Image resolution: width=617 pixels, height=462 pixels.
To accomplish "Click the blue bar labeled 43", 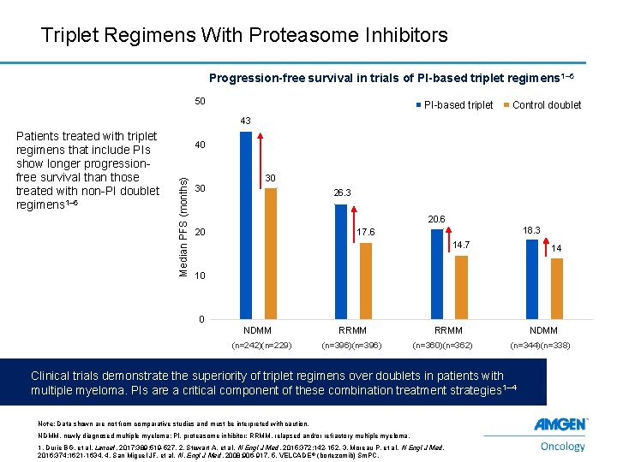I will click(x=246, y=225).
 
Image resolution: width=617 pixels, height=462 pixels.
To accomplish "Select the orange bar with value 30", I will click(x=271, y=253).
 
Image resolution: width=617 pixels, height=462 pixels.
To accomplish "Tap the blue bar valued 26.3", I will click(x=341, y=262).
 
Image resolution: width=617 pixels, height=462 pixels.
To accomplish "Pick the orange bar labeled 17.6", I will click(x=366, y=281).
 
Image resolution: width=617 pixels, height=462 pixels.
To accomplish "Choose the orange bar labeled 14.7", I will click(x=461, y=287).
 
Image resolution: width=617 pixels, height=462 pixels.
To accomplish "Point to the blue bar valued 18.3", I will click(x=531, y=279).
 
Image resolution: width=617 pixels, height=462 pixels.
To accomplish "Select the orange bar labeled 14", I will click(x=556, y=288).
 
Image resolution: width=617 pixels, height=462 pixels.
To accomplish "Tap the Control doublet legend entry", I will click(x=546, y=105).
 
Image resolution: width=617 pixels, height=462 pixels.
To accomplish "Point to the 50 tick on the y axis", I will click(x=199, y=102).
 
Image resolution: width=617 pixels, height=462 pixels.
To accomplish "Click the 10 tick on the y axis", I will click(x=199, y=276).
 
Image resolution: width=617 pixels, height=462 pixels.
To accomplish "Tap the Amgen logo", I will click(x=560, y=424).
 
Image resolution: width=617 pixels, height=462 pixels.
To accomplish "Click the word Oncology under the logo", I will click(x=563, y=446).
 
